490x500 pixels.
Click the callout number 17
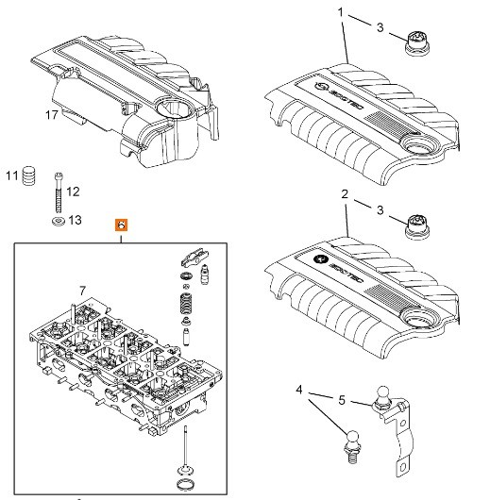(54, 114)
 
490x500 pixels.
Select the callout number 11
(11, 175)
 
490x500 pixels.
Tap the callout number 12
(73, 192)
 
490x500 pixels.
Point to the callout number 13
(76, 220)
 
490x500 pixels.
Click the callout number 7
(82, 289)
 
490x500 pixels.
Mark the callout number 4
(299, 389)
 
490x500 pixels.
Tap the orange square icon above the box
(121, 225)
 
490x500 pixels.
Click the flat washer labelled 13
(57, 221)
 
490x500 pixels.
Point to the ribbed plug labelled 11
(30, 175)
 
